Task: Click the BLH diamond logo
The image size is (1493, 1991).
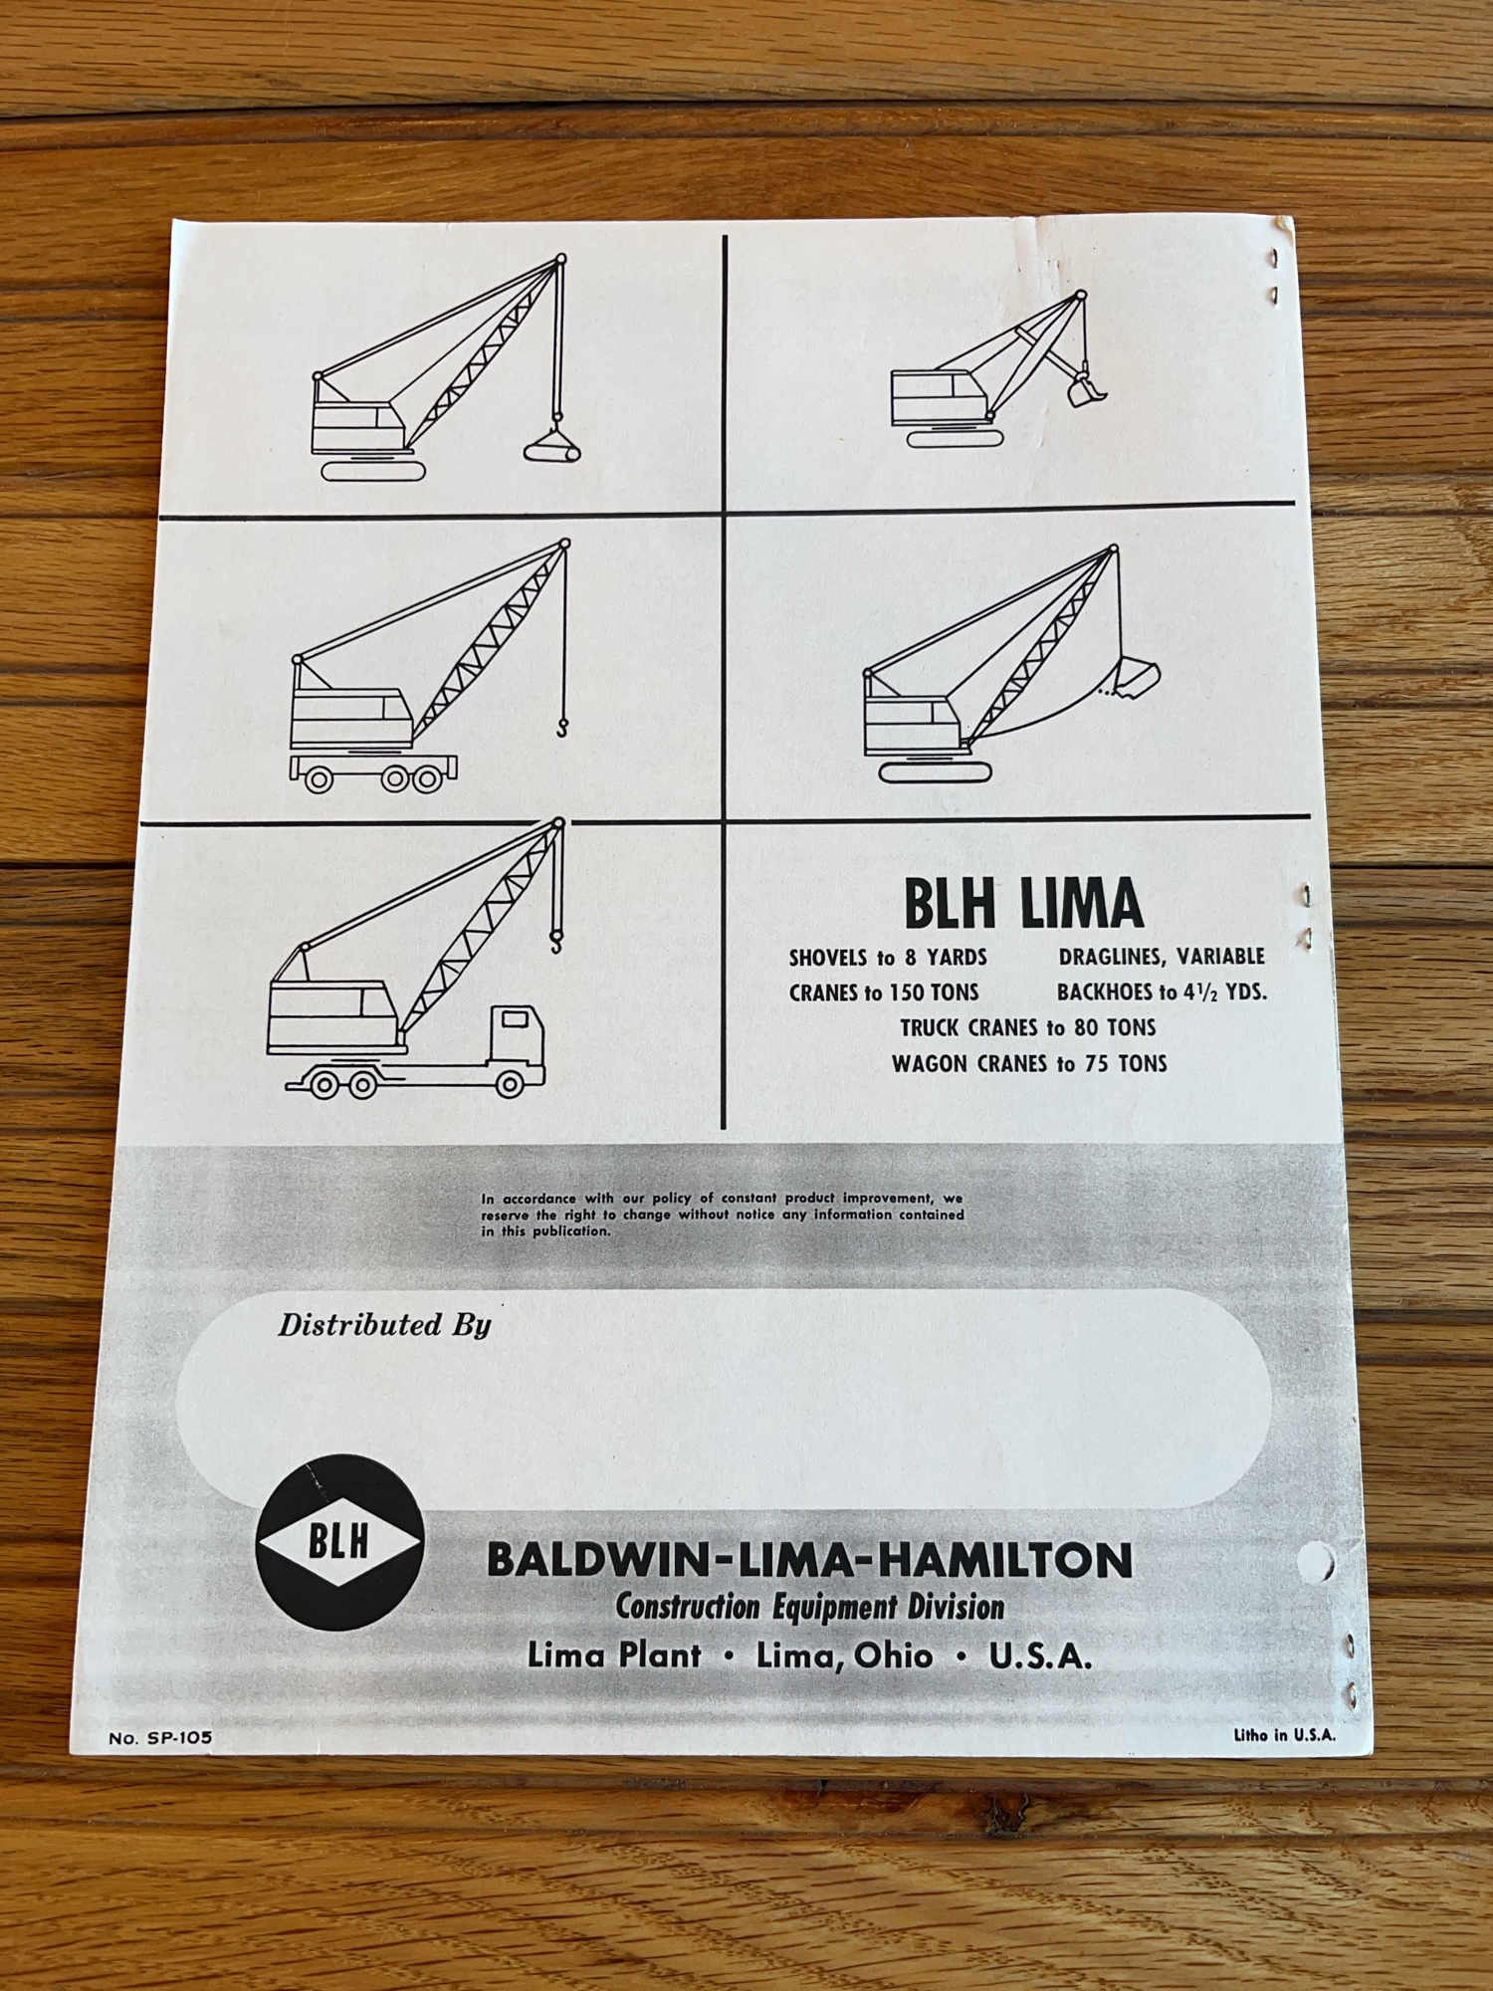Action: [339, 1542]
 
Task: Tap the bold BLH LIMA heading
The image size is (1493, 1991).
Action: [1023, 905]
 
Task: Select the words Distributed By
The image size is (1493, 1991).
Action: [384, 1325]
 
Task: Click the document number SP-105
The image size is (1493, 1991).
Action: [160, 1737]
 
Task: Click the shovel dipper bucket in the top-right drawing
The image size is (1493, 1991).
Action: [1086, 387]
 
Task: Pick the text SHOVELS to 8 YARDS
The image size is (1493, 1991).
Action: [888, 958]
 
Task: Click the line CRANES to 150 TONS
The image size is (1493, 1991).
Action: [884, 993]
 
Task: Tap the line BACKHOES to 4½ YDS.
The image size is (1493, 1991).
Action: [1162, 993]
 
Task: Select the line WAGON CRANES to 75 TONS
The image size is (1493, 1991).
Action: [1029, 1063]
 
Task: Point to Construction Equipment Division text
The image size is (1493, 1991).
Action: [810, 1607]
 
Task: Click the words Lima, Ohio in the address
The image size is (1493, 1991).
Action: [845, 1656]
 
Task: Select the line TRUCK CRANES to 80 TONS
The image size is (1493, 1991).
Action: [1028, 1027]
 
